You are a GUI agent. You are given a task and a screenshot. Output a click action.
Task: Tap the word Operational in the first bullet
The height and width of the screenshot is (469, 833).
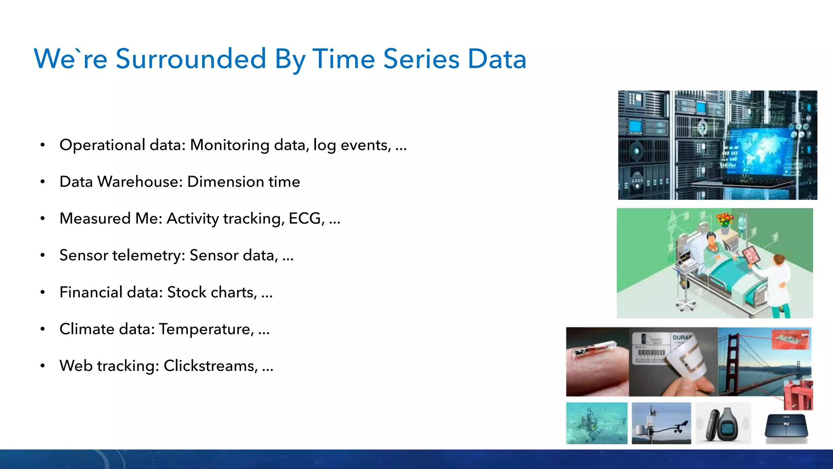pos(102,145)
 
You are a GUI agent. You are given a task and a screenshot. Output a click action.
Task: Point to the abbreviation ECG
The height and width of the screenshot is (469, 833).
pos(305,219)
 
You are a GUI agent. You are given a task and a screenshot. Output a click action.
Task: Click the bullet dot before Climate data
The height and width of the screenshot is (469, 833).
pos(43,329)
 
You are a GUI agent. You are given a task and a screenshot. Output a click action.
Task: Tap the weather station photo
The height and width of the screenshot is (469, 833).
pos(661,423)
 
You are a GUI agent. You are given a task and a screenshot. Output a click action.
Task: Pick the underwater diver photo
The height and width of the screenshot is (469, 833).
pos(597,423)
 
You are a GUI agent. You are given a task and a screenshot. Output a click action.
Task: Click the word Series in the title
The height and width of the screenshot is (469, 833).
pos(421,59)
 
